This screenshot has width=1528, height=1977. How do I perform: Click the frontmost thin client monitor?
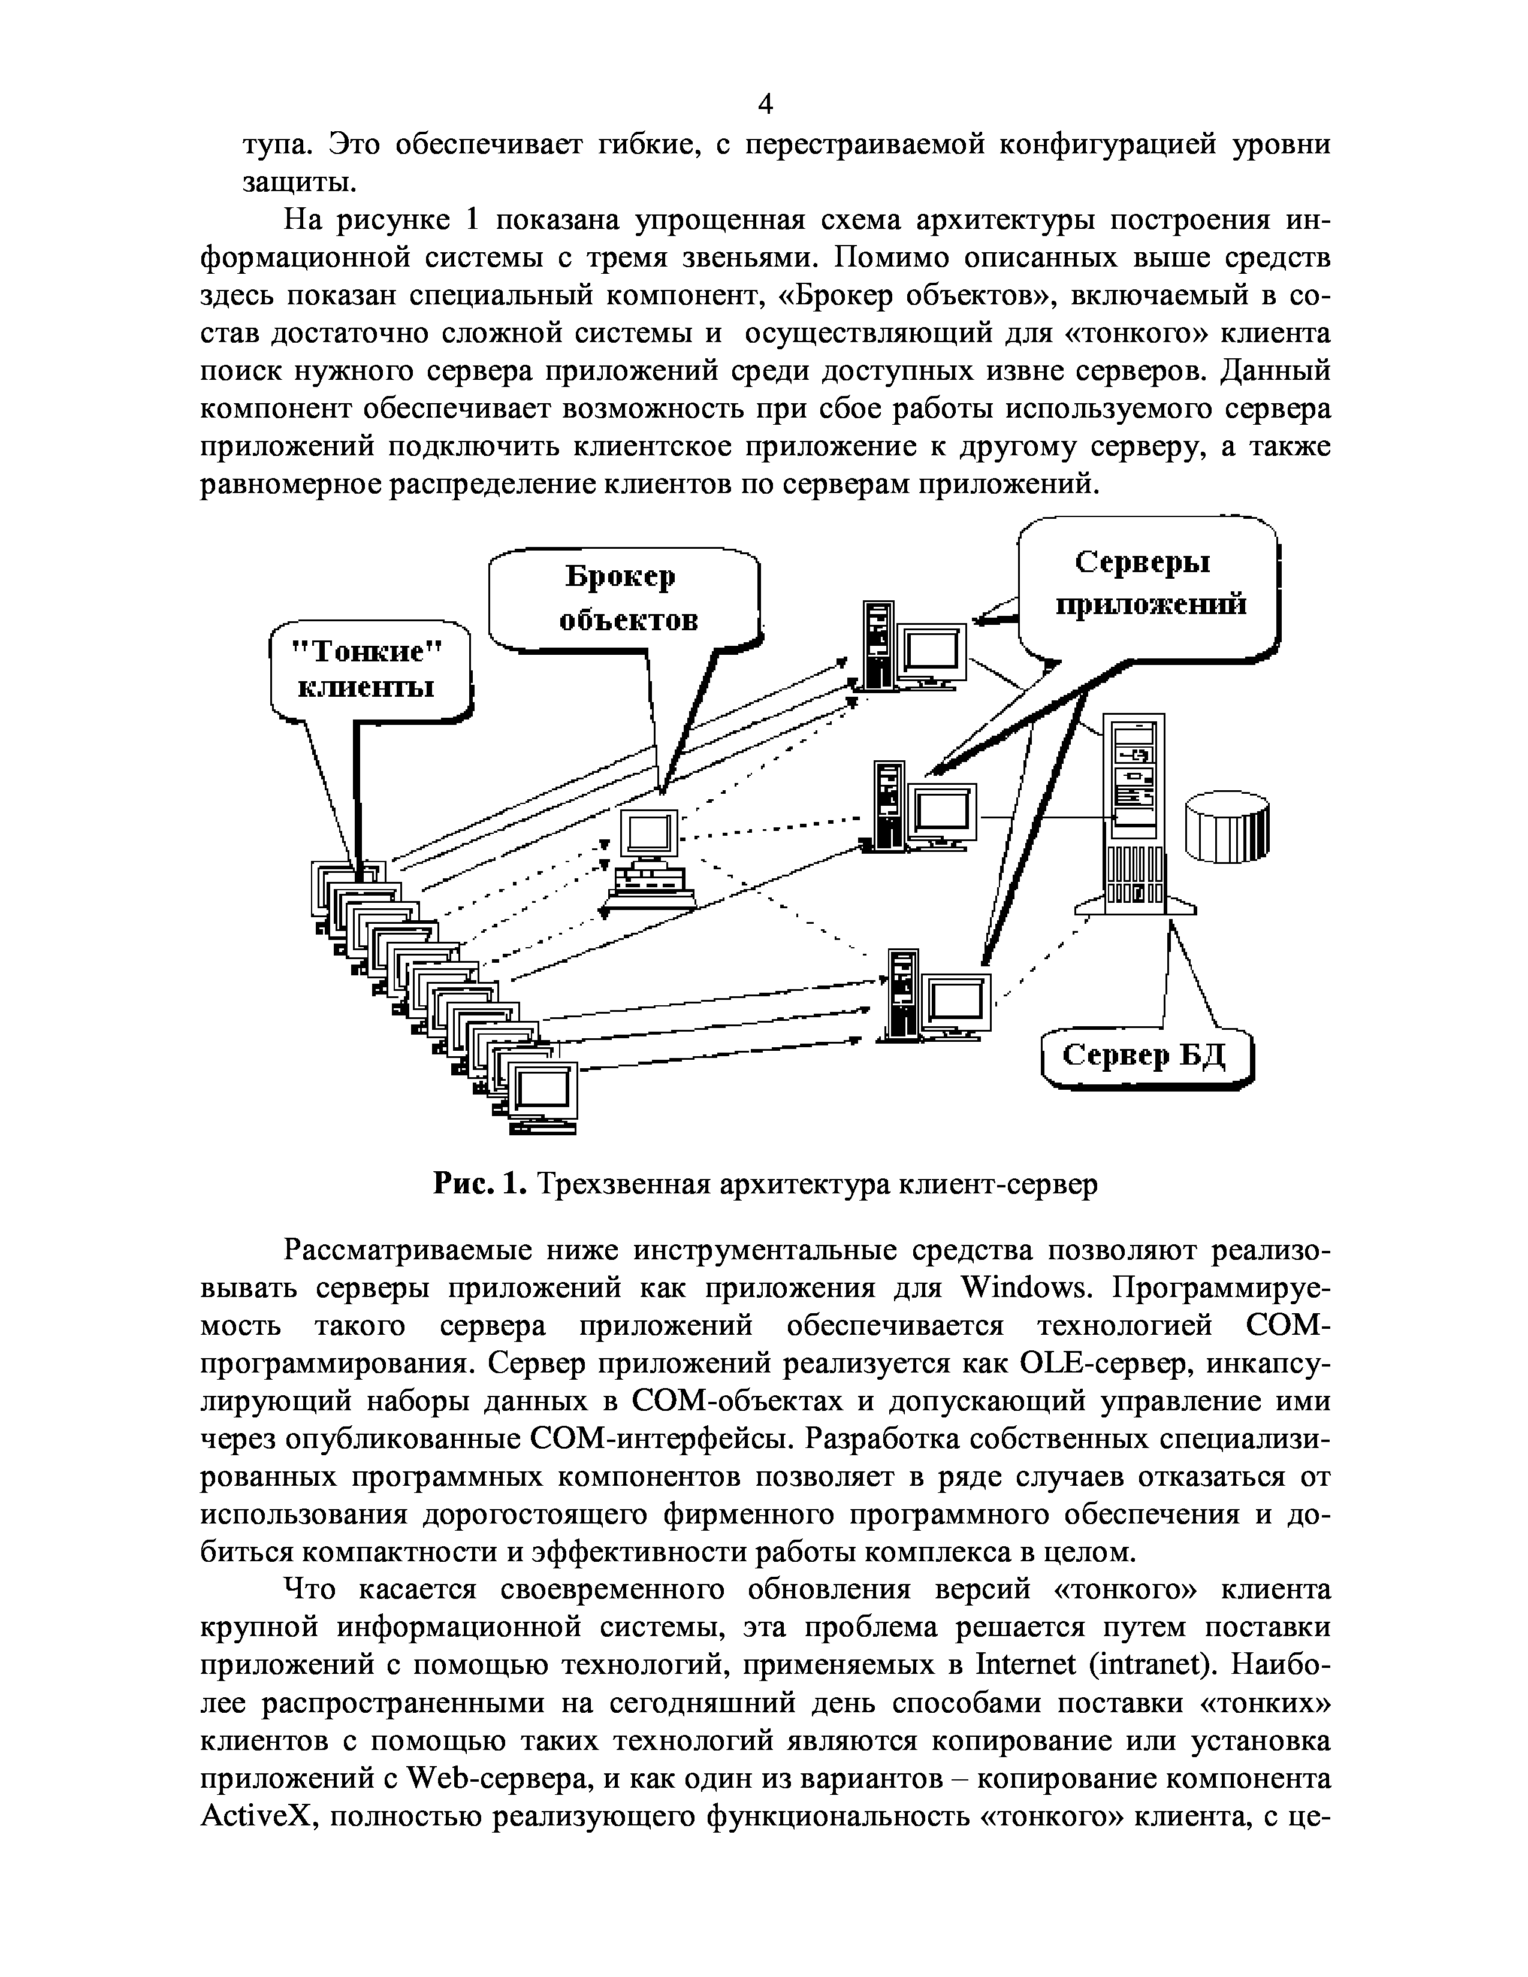pyautogui.click(x=541, y=1095)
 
